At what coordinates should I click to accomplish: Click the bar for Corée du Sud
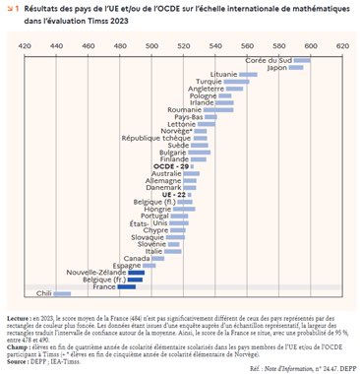click(x=302, y=61)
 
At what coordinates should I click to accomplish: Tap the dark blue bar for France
click(x=129, y=285)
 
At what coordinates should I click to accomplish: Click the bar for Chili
click(x=62, y=293)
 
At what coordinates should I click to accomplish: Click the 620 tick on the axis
click(x=342, y=46)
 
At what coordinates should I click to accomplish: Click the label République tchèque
click(x=173, y=138)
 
